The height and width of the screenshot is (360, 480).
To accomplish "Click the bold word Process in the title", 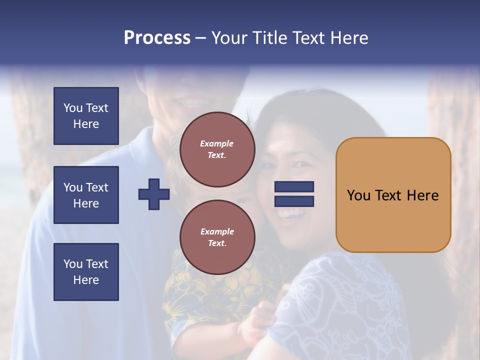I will pos(157,38).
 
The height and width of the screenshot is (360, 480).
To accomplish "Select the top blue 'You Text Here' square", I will pos(86,116).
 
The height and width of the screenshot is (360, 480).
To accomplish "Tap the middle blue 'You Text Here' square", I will pos(86,195).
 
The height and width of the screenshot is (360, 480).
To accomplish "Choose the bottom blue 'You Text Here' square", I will pos(86,271).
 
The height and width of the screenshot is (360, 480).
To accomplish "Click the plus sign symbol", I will pos(153,194).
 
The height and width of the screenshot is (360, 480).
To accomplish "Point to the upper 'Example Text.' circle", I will pos(217,149).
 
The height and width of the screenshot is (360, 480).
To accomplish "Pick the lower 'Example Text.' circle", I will pos(217,237).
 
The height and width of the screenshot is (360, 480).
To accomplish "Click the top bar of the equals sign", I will pos(294,187).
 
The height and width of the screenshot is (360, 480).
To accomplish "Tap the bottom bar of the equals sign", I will pos(294,201).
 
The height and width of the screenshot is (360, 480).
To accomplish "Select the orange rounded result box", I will pos(393,195).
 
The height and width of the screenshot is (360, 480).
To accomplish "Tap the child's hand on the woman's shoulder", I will pos(255,320).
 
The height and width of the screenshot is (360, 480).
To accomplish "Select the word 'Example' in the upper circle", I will pos(216,143).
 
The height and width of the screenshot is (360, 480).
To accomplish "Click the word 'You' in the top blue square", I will pos(72,108).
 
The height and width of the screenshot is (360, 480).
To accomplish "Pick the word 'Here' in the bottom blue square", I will pos(86,280).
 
